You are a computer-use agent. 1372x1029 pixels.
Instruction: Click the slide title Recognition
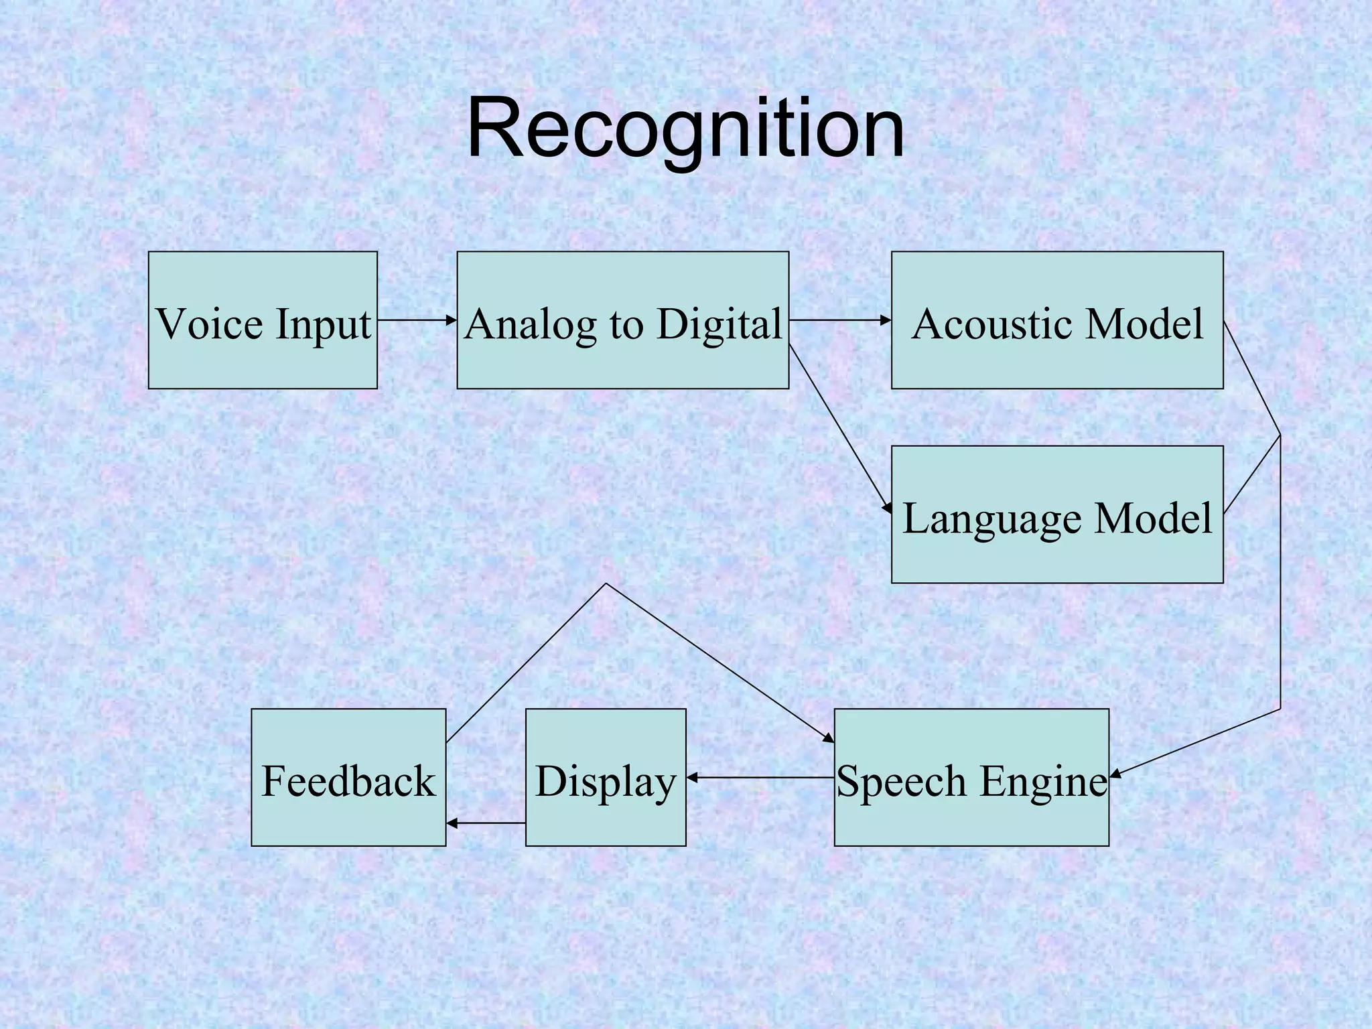[x=685, y=129]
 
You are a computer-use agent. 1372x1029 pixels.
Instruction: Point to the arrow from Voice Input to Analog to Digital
[x=417, y=320]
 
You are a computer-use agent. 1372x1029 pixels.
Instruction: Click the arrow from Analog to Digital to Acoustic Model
[x=839, y=320]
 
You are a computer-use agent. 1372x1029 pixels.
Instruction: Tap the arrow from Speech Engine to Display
[x=760, y=778]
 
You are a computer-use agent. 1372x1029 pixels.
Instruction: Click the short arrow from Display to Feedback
[x=486, y=823]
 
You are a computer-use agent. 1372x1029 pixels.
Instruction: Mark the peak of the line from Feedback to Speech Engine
[x=606, y=584]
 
